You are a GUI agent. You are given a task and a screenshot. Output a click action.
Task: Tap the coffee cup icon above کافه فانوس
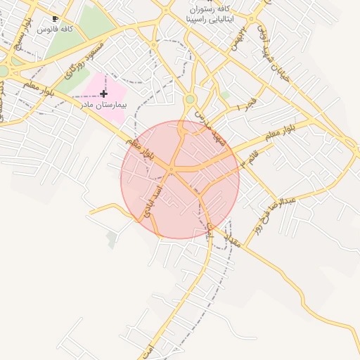(x=56, y=19)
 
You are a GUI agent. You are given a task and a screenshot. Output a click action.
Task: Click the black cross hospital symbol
(x=104, y=93)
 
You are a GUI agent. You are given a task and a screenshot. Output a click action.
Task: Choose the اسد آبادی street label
(x=152, y=200)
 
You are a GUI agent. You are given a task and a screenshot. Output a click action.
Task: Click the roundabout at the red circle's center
(x=172, y=169)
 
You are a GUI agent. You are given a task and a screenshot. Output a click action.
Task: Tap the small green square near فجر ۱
(x=224, y=94)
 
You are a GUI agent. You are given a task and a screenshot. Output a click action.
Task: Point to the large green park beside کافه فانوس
(x=91, y=25)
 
